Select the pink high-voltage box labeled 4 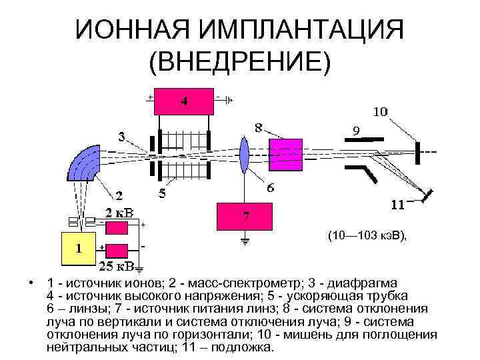coord(183,102)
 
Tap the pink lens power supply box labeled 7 coord(246,216)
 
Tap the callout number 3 coord(121,137)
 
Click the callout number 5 coord(161,194)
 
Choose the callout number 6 coord(272,188)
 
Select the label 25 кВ coord(116,267)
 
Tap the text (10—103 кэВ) coord(367,235)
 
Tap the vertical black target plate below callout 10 coord(418,151)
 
